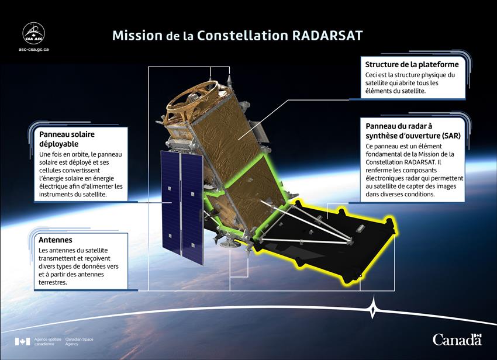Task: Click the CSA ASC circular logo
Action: tap(33, 33)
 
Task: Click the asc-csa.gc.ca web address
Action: tap(33, 50)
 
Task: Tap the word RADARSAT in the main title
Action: tap(327, 36)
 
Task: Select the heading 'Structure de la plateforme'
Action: tap(412, 64)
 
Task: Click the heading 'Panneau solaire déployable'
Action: tap(67, 139)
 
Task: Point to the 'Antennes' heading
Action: tap(56, 240)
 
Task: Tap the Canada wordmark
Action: tap(457, 340)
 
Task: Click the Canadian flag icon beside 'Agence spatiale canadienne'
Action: tap(22, 341)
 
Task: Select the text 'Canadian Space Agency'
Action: tap(80, 341)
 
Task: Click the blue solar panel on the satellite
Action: tap(182, 207)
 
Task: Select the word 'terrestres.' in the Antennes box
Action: tap(53, 282)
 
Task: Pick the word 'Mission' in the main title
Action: tap(137, 36)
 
